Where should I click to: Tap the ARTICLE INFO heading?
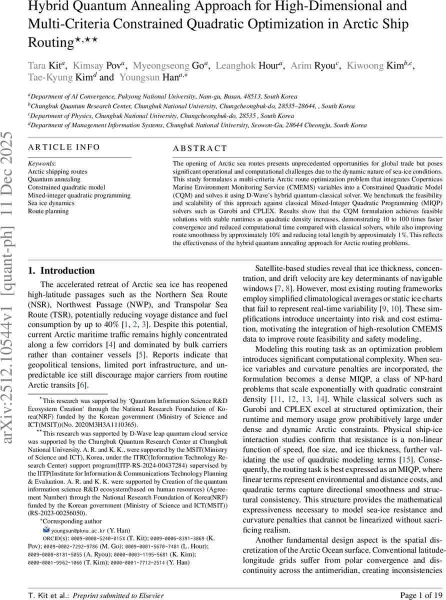click(64, 147)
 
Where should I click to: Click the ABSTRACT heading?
click(200, 148)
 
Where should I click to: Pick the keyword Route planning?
click(48, 211)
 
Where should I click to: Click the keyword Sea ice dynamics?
click(51, 203)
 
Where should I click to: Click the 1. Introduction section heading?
click(61, 271)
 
